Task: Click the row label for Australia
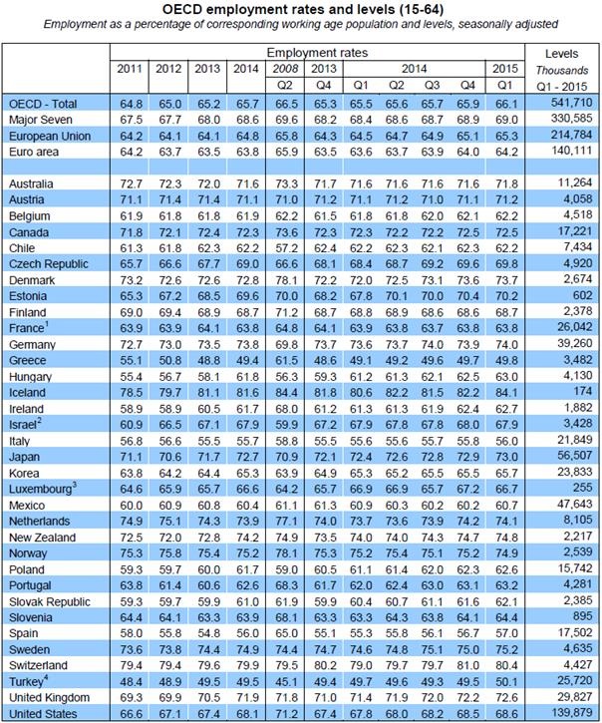pos(34,184)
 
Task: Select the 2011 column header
pos(130,68)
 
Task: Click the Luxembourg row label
pos(43,491)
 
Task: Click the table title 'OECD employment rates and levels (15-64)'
pos(300,11)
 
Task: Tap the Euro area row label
pos(32,152)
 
